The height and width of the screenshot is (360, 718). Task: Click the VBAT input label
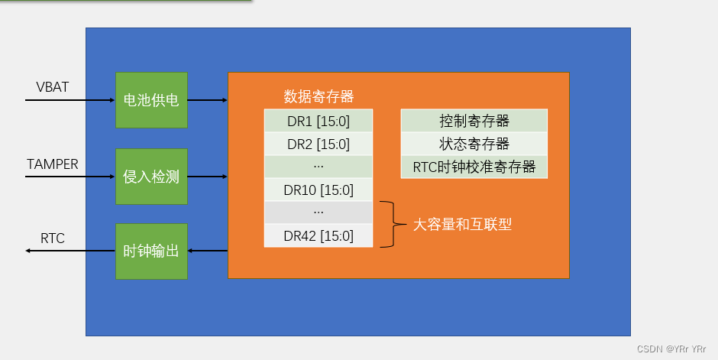click(53, 87)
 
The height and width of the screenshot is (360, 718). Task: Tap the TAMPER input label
click(53, 164)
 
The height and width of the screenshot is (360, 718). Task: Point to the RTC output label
click(53, 239)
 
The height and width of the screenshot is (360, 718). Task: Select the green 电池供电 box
click(151, 100)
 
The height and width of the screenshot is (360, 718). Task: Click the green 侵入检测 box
click(151, 177)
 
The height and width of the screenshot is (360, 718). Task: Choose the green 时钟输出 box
click(151, 251)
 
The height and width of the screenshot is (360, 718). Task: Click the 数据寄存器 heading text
click(319, 97)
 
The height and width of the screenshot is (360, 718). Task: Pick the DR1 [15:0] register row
click(319, 121)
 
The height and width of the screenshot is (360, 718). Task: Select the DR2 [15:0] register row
click(319, 144)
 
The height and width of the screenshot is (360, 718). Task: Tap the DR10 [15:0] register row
click(319, 190)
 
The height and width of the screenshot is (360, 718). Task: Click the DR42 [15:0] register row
click(319, 235)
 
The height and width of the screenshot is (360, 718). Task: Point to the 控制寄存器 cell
click(474, 121)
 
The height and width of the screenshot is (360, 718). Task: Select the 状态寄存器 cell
click(474, 144)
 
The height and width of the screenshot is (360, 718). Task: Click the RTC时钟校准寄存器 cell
click(474, 167)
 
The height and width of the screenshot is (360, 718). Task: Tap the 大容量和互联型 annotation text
click(462, 225)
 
